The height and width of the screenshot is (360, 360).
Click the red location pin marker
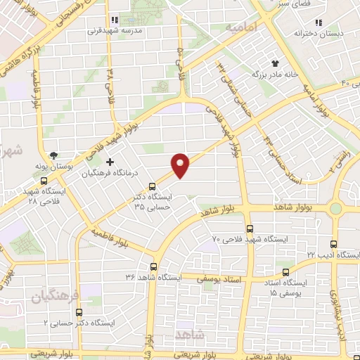click(181, 165)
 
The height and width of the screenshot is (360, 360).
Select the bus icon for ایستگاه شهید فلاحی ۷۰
click(250, 229)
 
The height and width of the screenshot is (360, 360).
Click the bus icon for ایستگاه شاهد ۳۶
click(154, 266)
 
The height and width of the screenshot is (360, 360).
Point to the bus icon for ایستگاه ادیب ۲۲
click(333, 244)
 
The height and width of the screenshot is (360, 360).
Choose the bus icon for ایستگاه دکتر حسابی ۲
click(78, 311)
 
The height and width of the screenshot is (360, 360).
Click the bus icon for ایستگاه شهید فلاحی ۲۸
click(44, 180)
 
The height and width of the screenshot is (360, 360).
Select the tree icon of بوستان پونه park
click(54, 155)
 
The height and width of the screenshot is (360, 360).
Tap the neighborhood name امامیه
click(241, 26)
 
